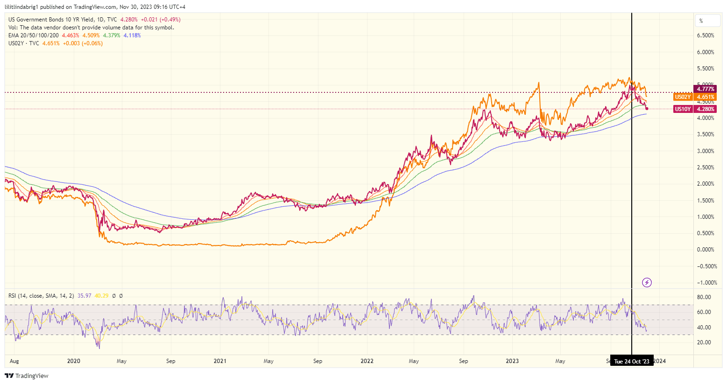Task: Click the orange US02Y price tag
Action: tap(682, 97)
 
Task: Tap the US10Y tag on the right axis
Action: tap(682, 109)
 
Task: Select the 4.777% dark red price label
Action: tap(705, 89)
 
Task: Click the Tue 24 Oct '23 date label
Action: tap(631, 362)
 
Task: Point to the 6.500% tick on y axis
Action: tap(705, 35)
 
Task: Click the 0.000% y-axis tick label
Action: tap(705, 250)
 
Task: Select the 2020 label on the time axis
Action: tap(74, 361)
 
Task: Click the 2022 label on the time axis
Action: tap(367, 361)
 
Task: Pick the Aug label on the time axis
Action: tap(14, 361)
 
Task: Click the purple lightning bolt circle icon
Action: tap(647, 282)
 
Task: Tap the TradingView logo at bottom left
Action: tap(27, 376)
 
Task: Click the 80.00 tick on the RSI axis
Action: tap(704, 297)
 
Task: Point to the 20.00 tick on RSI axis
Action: tap(704, 342)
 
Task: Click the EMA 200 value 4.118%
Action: tap(132, 35)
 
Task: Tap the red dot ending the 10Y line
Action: tap(647, 109)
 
